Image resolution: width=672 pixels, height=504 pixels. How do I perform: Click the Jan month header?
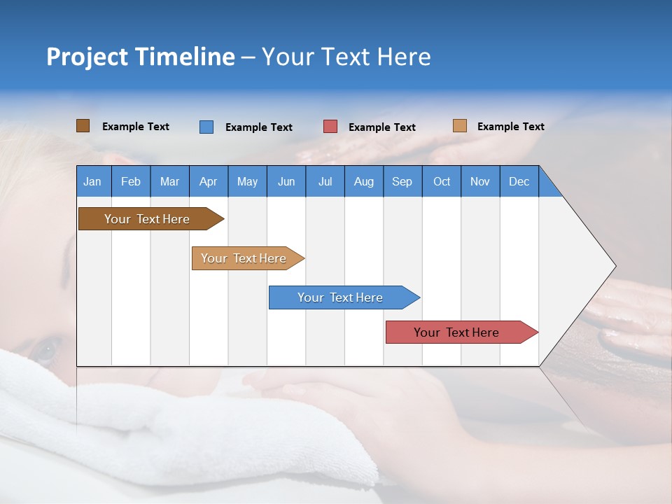point(93,181)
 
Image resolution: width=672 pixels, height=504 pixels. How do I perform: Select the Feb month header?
point(131,181)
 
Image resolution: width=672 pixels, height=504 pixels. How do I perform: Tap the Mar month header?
point(169,181)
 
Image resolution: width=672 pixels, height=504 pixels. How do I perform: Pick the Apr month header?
point(209,181)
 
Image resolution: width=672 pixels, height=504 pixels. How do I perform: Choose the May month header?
point(247,181)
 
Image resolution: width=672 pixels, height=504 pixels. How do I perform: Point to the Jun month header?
point(286,181)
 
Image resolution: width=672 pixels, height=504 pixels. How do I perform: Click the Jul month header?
point(325,181)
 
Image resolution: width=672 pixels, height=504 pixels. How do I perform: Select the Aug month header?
point(364,181)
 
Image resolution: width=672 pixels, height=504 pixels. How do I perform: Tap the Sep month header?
point(402,181)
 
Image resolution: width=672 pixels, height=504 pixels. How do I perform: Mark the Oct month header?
point(442,181)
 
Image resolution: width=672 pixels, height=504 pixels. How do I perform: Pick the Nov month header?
point(480,181)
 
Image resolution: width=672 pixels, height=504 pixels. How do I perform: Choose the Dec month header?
point(519,181)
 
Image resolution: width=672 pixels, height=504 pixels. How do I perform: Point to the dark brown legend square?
point(83,126)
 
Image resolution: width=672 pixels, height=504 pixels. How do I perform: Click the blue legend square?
point(206,127)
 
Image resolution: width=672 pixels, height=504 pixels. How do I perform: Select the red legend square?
point(330,127)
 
